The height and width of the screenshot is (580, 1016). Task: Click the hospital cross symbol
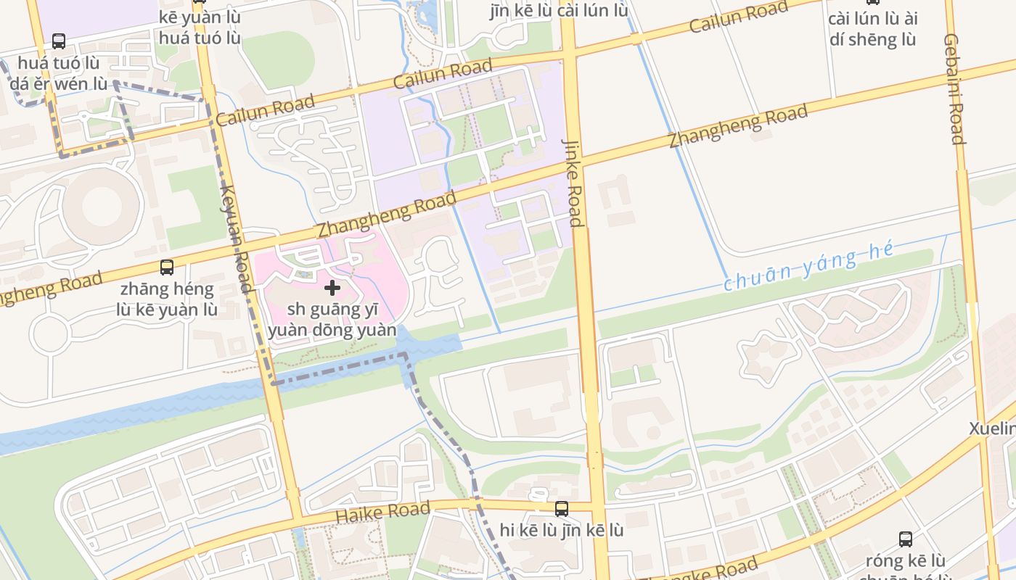tap(332, 288)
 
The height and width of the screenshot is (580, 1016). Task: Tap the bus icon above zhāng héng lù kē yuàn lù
tap(167, 268)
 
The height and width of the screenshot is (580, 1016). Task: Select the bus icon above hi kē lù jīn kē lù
tap(561, 509)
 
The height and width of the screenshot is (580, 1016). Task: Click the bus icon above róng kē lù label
tap(906, 539)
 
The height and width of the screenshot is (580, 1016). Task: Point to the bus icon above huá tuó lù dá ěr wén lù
tap(59, 41)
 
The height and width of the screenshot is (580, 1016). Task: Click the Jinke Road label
tap(573, 183)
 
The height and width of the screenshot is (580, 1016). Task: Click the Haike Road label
tap(382, 512)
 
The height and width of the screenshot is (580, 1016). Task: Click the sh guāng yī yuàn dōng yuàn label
tap(332, 320)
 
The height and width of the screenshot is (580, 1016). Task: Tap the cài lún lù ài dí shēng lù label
tap(872, 29)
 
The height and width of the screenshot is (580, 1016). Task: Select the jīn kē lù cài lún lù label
tap(559, 10)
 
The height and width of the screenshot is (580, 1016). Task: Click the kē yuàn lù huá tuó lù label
tap(200, 27)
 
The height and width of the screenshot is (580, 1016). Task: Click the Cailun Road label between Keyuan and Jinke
tap(443, 74)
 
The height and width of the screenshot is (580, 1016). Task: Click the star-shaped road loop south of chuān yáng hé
tap(768, 356)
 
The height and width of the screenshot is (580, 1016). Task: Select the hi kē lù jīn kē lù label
tap(561, 530)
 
